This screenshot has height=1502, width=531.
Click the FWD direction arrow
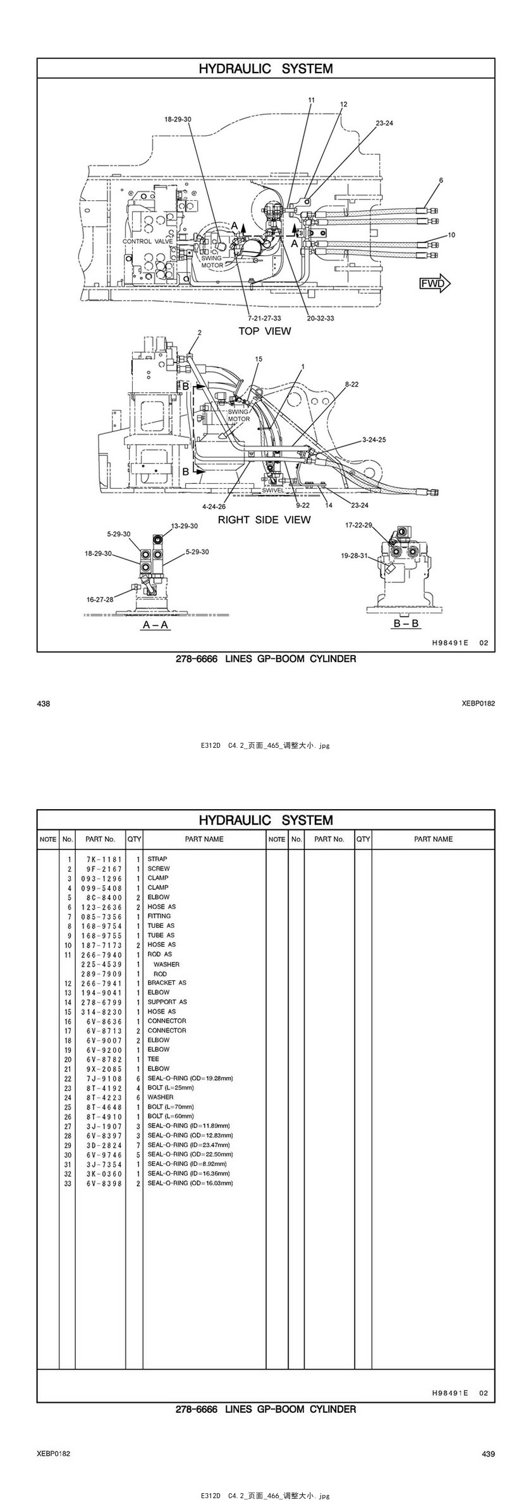[435, 283]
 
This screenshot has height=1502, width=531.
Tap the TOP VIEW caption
[264, 331]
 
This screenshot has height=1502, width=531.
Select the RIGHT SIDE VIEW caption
[264, 519]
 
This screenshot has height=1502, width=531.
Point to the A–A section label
[156, 625]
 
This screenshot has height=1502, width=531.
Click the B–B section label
[406, 623]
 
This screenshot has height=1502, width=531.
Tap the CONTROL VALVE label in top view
[147, 241]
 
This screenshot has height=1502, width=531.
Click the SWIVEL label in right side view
[273, 490]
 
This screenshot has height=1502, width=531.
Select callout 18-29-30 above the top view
[178, 119]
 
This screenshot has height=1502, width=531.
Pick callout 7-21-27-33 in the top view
[264, 318]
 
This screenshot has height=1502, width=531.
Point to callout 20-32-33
[320, 318]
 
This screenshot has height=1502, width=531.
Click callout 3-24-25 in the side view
[374, 439]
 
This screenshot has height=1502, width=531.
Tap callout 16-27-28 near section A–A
[100, 599]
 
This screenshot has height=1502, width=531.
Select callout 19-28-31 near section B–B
[354, 556]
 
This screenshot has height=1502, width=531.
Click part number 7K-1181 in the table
[101, 859]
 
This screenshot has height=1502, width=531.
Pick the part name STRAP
[157, 859]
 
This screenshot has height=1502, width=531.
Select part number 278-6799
[101, 1002]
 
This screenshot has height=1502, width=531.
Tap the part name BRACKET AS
[167, 983]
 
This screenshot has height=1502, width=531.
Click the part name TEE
[154, 1059]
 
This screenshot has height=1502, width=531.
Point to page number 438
[44, 704]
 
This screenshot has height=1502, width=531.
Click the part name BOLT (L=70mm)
[171, 1107]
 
